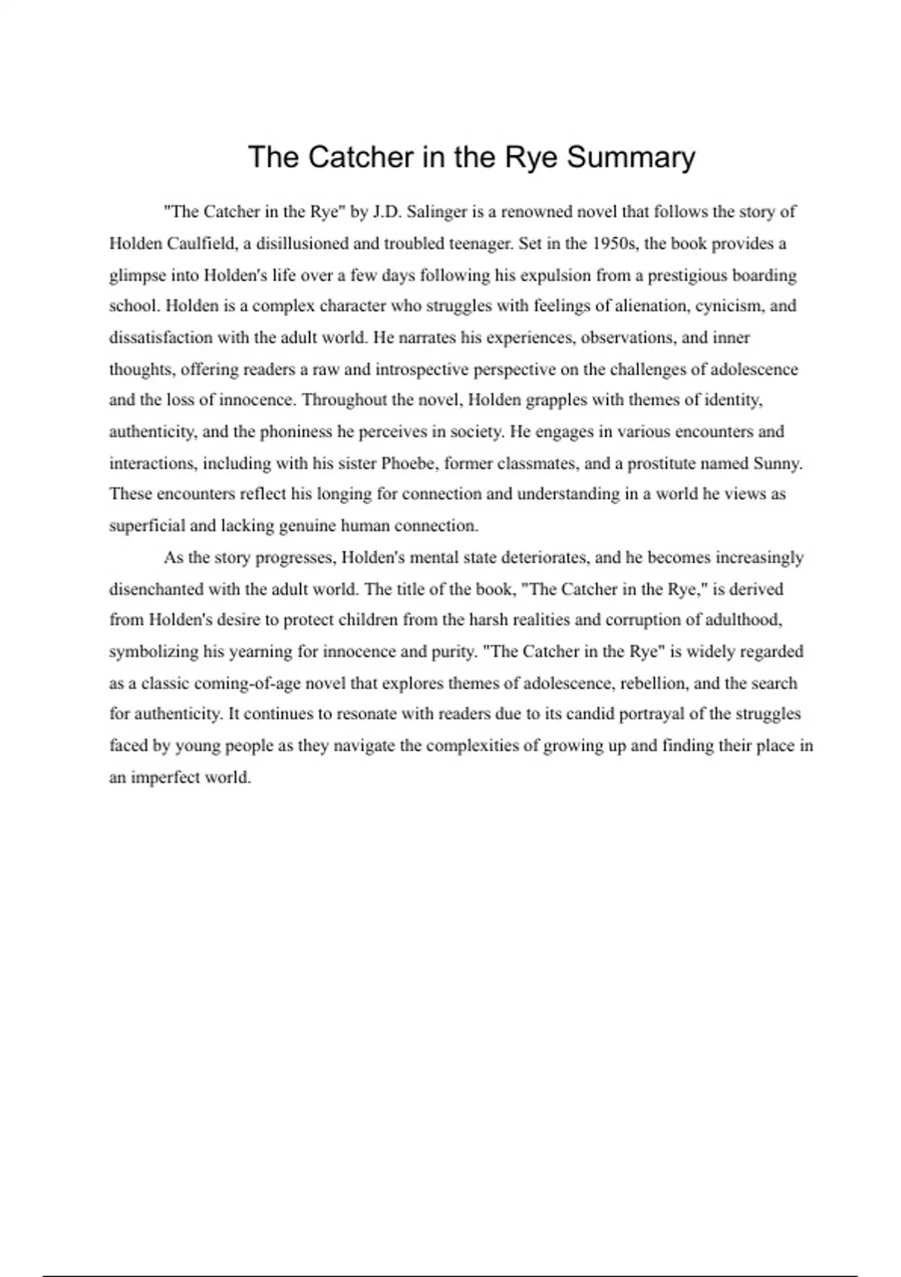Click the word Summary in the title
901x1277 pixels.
[631, 158]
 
